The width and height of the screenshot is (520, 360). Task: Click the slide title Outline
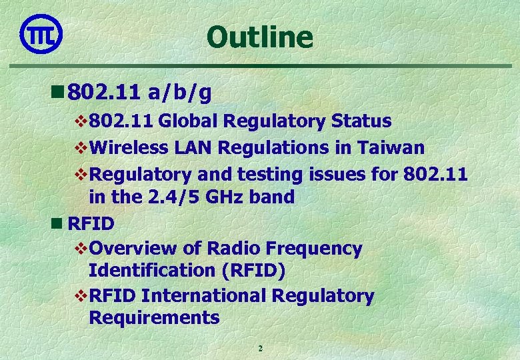(x=259, y=37)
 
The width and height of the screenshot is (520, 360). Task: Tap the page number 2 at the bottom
(x=260, y=349)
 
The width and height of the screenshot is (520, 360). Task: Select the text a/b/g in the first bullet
(x=180, y=93)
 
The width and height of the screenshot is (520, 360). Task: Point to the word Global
(x=189, y=121)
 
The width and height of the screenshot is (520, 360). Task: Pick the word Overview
(x=133, y=249)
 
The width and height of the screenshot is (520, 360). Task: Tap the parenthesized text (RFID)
(x=251, y=271)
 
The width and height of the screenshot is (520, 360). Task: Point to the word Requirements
(x=154, y=317)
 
